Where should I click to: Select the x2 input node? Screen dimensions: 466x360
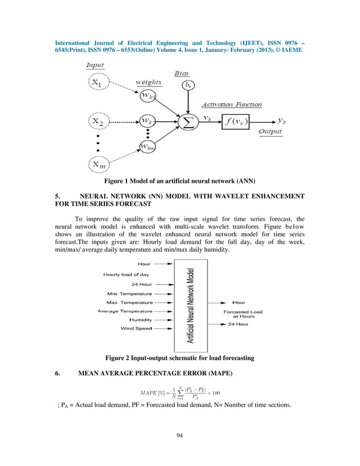(x=98, y=121)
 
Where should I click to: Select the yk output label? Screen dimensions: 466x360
(x=283, y=121)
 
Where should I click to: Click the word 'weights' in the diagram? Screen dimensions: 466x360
(x=148, y=82)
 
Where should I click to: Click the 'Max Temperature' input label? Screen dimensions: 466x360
(x=129, y=302)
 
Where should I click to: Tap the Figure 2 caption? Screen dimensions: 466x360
(x=180, y=358)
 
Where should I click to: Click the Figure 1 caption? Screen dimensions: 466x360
(x=180, y=181)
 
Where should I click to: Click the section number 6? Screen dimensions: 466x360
(x=58, y=373)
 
